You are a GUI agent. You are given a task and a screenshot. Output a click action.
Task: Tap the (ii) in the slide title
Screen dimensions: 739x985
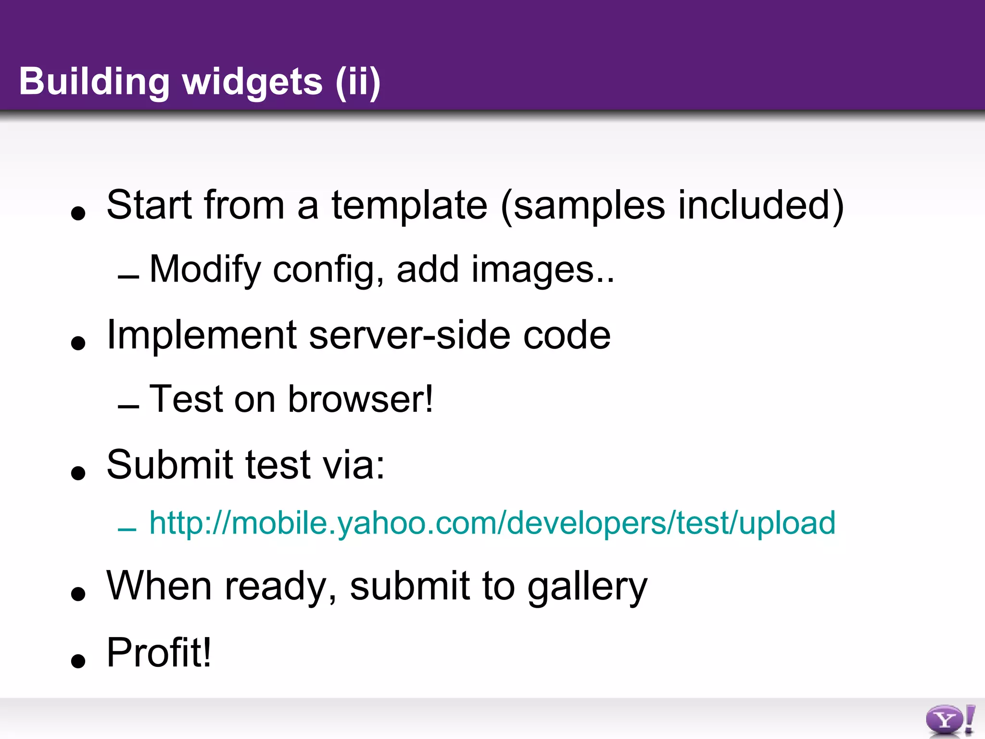[358, 82]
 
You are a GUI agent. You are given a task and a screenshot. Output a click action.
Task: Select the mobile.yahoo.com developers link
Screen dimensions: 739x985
[492, 523]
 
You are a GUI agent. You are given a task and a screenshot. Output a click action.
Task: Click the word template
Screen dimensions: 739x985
[409, 205]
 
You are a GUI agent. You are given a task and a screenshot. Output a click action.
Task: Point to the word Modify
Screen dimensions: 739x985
[205, 269]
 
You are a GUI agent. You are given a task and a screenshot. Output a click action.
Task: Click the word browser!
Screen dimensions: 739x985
[361, 399]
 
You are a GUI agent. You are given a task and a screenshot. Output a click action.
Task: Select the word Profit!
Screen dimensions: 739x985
[159, 653]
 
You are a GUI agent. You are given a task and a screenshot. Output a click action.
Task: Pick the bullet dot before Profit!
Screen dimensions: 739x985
[78, 661]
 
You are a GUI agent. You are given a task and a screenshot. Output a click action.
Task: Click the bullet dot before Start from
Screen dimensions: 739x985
[78, 213]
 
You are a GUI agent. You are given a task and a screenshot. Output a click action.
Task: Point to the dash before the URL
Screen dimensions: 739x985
[127, 530]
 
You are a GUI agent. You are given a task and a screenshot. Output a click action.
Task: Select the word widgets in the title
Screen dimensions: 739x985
[253, 82]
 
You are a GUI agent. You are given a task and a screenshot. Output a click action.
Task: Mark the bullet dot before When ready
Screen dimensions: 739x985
[78, 594]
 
